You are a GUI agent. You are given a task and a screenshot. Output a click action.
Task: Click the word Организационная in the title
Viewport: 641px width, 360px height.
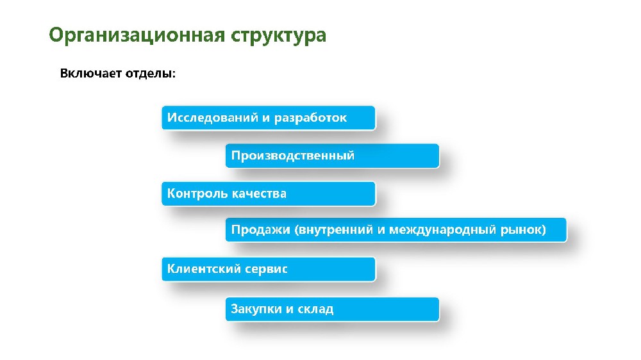click(x=137, y=35)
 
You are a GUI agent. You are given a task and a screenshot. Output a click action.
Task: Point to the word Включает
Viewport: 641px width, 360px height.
click(x=91, y=73)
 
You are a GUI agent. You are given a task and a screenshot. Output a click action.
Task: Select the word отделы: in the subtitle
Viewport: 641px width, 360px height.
click(x=151, y=74)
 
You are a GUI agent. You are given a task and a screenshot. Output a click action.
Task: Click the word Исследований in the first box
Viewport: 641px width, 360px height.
click(x=213, y=118)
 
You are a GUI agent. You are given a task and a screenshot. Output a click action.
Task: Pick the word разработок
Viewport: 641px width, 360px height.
click(x=310, y=118)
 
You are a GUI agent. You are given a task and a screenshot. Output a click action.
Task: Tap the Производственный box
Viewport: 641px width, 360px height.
click(x=332, y=156)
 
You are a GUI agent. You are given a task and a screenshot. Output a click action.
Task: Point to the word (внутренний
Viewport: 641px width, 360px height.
click(x=333, y=230)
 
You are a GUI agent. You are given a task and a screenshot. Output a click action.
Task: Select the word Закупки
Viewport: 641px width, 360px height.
click(x=256, y=309)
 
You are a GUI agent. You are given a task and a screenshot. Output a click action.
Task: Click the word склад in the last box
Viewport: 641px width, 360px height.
click(x=315, y=309)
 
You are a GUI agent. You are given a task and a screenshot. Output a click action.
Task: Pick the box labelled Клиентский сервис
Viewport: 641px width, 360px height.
click(x=268, y=269)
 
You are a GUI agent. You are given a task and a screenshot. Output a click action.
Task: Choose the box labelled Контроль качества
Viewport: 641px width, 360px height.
click(x=268, y=193)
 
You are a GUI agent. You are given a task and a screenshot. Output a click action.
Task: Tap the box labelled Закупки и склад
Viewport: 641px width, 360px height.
click(x=332, y=309)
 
